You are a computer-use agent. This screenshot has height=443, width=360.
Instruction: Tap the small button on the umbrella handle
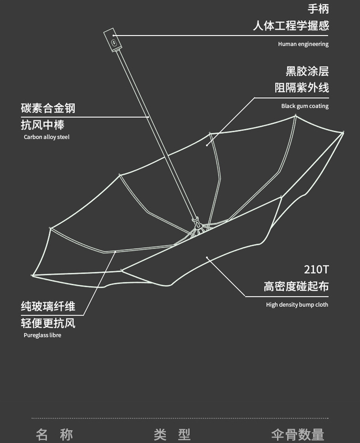click(x=114, y=42)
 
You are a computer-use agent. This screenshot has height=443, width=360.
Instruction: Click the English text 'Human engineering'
click(x=303, y=44)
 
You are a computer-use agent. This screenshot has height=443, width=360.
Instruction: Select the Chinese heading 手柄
click(x=318, y=9)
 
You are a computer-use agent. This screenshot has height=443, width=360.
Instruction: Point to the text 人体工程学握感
click(x=291, y=25)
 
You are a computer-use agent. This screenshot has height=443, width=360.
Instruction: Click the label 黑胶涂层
click(x=307, y=71)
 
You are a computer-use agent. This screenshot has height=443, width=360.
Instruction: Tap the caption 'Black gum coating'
click(x=305, y=106)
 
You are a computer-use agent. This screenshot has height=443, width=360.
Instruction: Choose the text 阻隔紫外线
click(x=302, y=88)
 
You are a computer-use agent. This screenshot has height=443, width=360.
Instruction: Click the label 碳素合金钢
click(x=48, y=108)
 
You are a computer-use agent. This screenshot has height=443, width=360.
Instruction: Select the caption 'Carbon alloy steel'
click(x=47, y=137)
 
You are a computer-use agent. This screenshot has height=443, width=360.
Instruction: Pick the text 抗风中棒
click(x=42, y=125)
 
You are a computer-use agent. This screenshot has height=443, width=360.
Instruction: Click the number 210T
click(x=316, y=269)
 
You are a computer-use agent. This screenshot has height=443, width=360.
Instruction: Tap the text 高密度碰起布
click(x=296, y=287)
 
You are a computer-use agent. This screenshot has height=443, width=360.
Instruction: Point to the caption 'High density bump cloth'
click(x=297, y=305)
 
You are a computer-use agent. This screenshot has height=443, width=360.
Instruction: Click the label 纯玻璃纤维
click(x=48, y=306)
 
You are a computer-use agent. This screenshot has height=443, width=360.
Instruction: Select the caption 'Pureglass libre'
click(x=42, y=335)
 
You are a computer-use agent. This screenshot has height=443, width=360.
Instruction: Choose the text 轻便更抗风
click(x=48, y=323)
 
